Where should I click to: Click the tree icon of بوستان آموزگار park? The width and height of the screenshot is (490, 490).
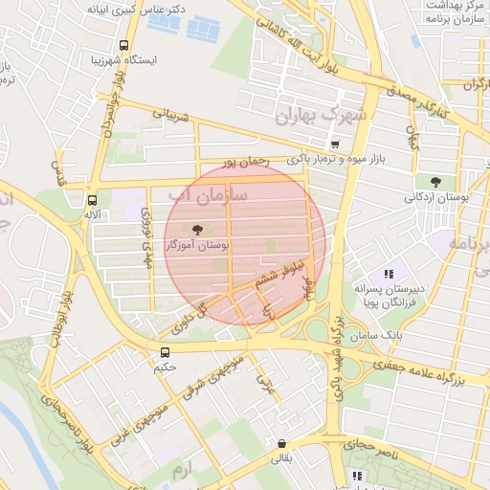click(x=197, y=229)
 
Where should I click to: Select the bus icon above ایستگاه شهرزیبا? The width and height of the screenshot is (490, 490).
click(x=123, y=44)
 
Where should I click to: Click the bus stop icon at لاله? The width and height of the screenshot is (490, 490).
click(x=92, y=200)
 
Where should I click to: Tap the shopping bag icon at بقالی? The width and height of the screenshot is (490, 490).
click(x=281, y=444)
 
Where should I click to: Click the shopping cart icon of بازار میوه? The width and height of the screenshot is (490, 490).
click(x=333, y=145)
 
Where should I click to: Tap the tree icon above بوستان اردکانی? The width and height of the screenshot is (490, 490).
click(x=435, y=181)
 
